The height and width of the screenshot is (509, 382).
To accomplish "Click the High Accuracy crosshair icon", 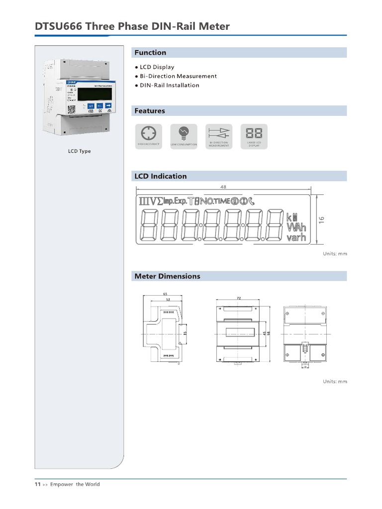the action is click(148, 133).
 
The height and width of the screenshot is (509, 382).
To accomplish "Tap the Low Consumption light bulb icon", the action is click(184, 133).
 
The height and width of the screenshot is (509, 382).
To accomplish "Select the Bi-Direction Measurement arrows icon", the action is click(219, 133).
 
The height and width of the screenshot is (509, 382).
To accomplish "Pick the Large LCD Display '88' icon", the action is click(254, 133).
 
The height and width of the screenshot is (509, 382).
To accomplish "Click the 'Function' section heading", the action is click(150, 53).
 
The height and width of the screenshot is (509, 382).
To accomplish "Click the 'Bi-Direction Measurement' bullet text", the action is click(178, 76).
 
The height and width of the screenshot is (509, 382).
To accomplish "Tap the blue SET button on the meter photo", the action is click(91, 106).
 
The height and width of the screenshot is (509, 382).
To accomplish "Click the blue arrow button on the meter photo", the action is click(108, 106).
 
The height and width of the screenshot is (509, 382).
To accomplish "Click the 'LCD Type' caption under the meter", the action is click(80, 151).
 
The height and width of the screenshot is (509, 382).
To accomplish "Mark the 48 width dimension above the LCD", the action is click(223, 187).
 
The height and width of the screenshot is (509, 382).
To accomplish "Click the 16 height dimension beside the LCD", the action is click(321, 219).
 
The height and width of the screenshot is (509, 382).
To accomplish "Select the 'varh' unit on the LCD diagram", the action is click(296, 238).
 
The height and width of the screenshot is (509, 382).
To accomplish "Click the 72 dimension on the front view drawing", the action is click(239, 298).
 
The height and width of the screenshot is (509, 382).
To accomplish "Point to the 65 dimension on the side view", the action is click(165, 294).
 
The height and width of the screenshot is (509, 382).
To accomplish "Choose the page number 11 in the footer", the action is click(37, 484).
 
